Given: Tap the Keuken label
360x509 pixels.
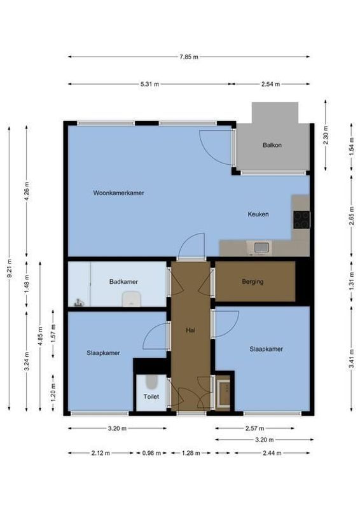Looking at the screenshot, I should point(258,214).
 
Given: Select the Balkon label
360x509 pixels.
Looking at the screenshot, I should point(272,146).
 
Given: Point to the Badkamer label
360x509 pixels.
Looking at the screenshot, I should point(123,282).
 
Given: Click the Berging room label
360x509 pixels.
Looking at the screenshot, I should point(253,282).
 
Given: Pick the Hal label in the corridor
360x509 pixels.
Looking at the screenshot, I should point(190,330).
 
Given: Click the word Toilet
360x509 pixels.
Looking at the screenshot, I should point(151,396).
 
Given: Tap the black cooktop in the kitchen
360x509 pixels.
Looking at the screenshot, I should point(301,220).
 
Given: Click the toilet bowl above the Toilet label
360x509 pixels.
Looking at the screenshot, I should point(151,382).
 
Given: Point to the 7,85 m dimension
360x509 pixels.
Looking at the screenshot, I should point(189,57).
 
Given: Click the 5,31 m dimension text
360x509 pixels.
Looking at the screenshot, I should point(149,84).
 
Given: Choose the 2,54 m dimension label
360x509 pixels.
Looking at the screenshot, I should point(270,84).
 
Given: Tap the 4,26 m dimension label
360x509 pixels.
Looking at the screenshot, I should point(27,191).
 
